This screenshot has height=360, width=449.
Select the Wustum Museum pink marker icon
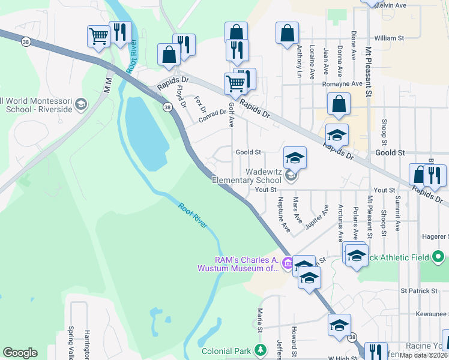(288, 263)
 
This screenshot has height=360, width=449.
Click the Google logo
(20, 353)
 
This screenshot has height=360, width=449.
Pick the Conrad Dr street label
(212, 116)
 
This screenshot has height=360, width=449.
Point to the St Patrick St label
(420, 291)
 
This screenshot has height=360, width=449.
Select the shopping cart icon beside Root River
(98, 35)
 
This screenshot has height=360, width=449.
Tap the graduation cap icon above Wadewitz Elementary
(295, 157)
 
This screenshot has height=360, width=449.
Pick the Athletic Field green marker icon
(438, 257)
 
